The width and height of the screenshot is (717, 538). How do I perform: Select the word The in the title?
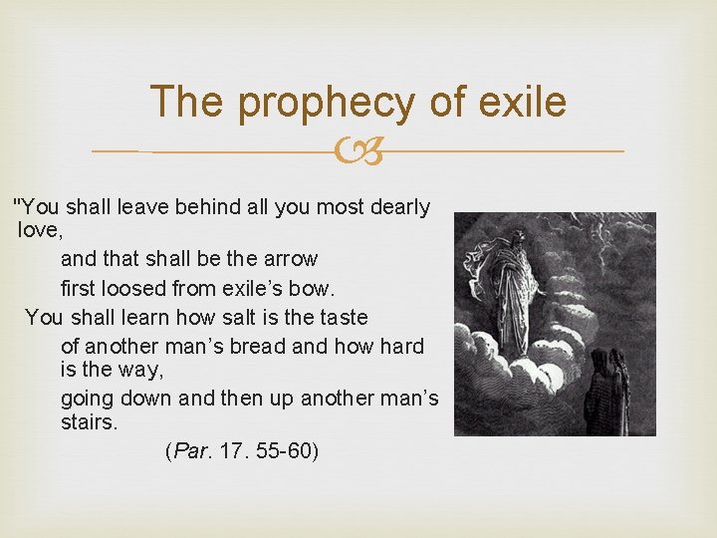tap(189, 103)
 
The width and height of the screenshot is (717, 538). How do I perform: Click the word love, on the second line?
tap(41, 231)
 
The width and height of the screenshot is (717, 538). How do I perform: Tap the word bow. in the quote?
tap(315, 289)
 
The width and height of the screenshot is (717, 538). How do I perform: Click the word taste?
tap(342, 318)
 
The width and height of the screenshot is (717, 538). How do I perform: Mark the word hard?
tap(401, 347)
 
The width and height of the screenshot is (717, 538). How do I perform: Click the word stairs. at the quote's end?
tap(89, 422)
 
